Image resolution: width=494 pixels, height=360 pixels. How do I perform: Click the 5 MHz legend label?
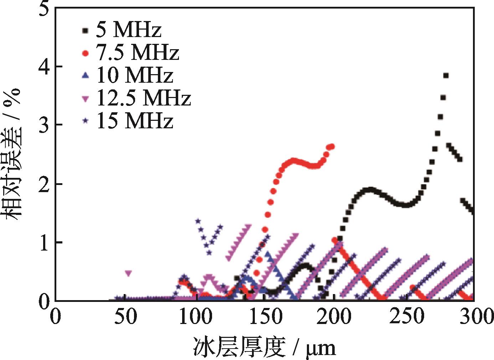(x=128, y=31)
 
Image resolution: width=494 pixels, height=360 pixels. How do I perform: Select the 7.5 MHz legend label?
(x=137, y=53)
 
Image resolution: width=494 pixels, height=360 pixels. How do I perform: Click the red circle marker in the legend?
(x=85, y=53)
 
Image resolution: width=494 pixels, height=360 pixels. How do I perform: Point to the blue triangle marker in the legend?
(x=85, y=75)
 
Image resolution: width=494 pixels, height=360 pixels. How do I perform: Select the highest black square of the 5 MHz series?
(x=446, y=76)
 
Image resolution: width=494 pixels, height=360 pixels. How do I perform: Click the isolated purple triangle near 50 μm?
(x=128, y=273)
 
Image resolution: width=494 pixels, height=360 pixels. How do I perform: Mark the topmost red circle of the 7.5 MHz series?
(x=332, y=146)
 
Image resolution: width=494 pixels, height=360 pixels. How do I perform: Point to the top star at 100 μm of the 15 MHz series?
(x=198, y=221)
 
